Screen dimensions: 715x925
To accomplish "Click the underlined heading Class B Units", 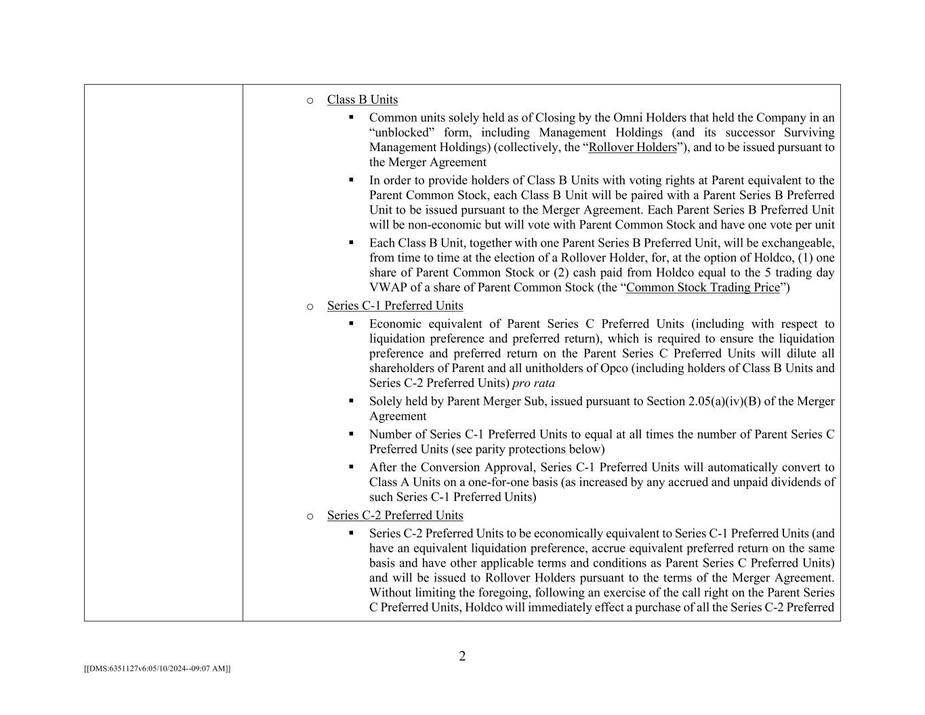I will [362, 100].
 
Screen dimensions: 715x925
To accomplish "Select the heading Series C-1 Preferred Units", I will [395, 306].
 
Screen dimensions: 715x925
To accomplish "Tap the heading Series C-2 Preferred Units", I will [395, 515].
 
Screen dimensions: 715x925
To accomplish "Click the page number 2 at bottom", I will [462, 656].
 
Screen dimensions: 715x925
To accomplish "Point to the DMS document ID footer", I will [157, 668].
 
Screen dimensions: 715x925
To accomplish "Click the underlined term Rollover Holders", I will [632, 147].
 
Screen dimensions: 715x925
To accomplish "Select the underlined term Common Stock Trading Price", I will [703, 287].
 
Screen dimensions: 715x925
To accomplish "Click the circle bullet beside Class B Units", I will [310, 100].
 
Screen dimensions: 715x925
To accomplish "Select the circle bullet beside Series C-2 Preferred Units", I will [310, 516].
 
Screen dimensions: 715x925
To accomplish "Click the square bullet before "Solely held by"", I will [351, 401].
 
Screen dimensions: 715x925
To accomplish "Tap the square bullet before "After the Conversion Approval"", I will [351, 466].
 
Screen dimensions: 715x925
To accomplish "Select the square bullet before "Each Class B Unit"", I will [351, 242].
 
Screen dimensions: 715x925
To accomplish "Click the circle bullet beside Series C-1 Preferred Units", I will [310, 306].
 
